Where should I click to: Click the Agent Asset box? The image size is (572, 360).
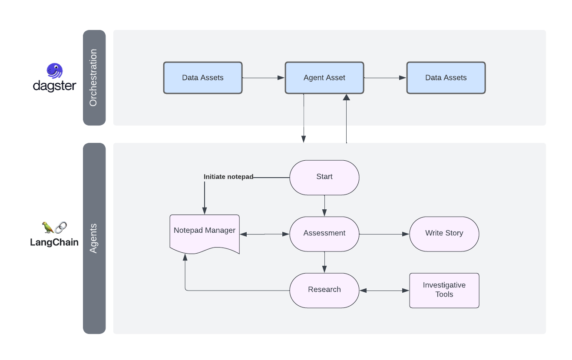click(x=324, y=78)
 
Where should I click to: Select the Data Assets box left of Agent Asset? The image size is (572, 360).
click(x=202, y=78)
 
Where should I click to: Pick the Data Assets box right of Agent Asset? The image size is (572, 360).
click(x=446, y=78)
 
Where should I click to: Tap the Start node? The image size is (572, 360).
click(x=324, y=177)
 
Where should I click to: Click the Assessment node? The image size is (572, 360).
click(x=324, y=234)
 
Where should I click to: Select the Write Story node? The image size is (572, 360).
click(x=444, y=234)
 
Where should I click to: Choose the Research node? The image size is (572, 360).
click(x=324, y=290)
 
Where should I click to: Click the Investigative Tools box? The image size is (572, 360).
click(x=444, y=290)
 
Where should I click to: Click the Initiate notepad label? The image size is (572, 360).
click(x=228, y=177)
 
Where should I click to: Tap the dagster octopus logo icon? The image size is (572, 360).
click(x=55, y=71)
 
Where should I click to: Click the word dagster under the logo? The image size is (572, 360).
click(x=55, y=86)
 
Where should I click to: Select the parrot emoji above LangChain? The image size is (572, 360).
click(x=48, y=227)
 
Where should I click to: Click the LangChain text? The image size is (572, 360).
click(x=54, y=242)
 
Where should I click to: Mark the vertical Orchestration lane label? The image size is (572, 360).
click(x=94, y=78)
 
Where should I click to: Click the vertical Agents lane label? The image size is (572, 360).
click(x=94, y=238)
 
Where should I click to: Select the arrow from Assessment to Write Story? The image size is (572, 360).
click(x=384, y=234)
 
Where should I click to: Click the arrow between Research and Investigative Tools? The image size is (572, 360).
click(x=384, y=291)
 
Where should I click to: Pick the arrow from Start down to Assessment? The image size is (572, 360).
click(x=324, y=205)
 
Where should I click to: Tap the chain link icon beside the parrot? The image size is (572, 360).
click(x=61, y=227)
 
